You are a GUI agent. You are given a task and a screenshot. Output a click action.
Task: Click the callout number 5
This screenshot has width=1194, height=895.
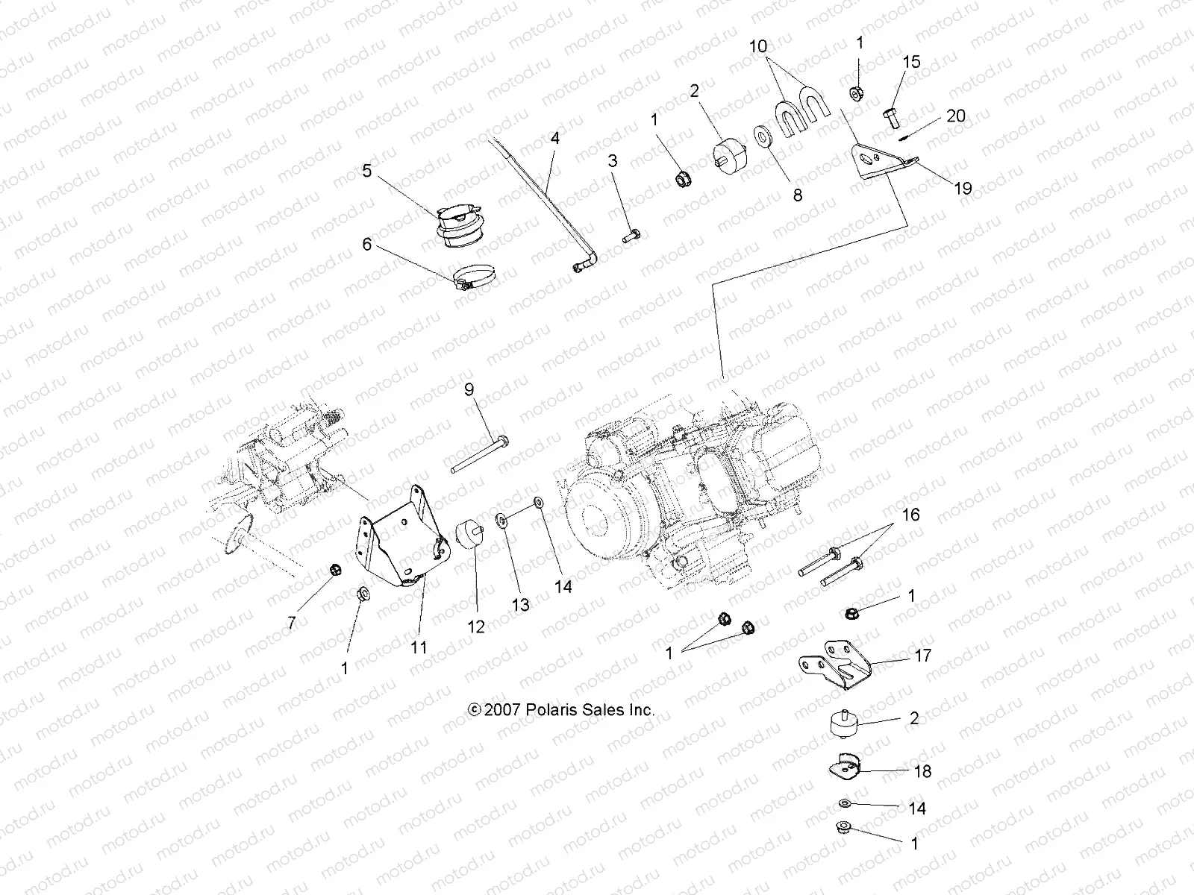tap(367, 171)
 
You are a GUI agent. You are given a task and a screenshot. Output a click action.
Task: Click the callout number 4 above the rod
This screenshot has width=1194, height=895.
tap(575, 138)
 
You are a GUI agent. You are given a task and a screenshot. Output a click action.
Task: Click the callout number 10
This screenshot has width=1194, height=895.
tap(758, 46)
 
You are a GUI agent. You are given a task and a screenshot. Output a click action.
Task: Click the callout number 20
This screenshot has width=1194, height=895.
tap(955, 116)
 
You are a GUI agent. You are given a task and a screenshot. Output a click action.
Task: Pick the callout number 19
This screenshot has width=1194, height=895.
tap(963, 188)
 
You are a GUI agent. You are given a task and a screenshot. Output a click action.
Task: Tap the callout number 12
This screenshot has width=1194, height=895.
tap(475, 627)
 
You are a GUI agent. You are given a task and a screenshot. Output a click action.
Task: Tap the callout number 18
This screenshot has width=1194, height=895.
tap(922, 771)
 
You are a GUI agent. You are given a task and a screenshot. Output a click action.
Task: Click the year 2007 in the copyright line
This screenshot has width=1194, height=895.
tap(502, 710)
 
